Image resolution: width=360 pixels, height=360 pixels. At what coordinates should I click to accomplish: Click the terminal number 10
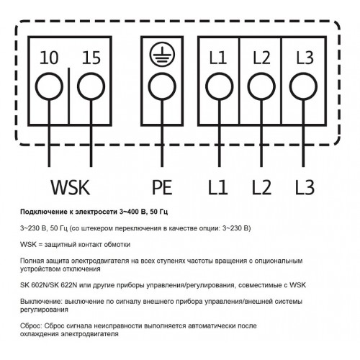(x=49, y=58)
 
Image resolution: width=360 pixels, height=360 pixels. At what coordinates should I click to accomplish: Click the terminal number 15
(x=91, y=58)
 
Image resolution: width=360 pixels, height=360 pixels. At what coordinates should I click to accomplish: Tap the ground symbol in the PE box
(x=162, y=55)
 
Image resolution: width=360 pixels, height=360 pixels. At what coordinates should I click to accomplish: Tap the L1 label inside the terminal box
(x=218, y=58)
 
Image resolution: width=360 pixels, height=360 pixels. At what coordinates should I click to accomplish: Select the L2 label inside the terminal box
(x=261, y=58)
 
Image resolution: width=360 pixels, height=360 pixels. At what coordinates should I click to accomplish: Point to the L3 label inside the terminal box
(x=305, y=58)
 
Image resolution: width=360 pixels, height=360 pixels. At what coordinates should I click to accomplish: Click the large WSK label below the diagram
(x=71, y=187)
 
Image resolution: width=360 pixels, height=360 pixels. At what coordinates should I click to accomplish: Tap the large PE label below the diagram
(x=162, y=187)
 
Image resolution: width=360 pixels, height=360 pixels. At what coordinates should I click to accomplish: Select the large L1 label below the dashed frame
(x=217, y=187)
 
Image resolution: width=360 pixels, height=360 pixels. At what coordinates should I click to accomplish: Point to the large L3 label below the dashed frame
(x=305, y=187)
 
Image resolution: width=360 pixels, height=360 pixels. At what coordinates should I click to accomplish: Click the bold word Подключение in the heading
(x=40, y=212)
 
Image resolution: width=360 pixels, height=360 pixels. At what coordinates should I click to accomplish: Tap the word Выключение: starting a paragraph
(x=42, y=301)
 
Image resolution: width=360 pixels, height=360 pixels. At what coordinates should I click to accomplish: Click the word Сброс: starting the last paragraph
(x=31, y=326)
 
